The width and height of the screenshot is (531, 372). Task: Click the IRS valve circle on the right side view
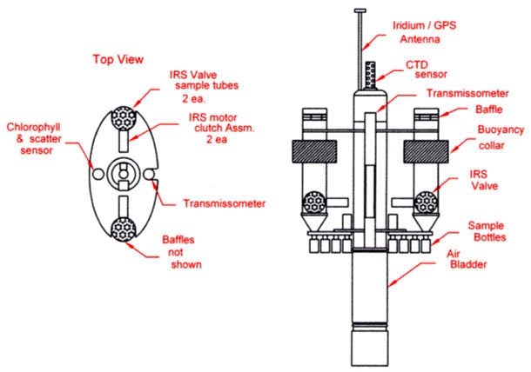(426, 203)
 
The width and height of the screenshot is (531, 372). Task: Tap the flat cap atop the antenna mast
(360, 10)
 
